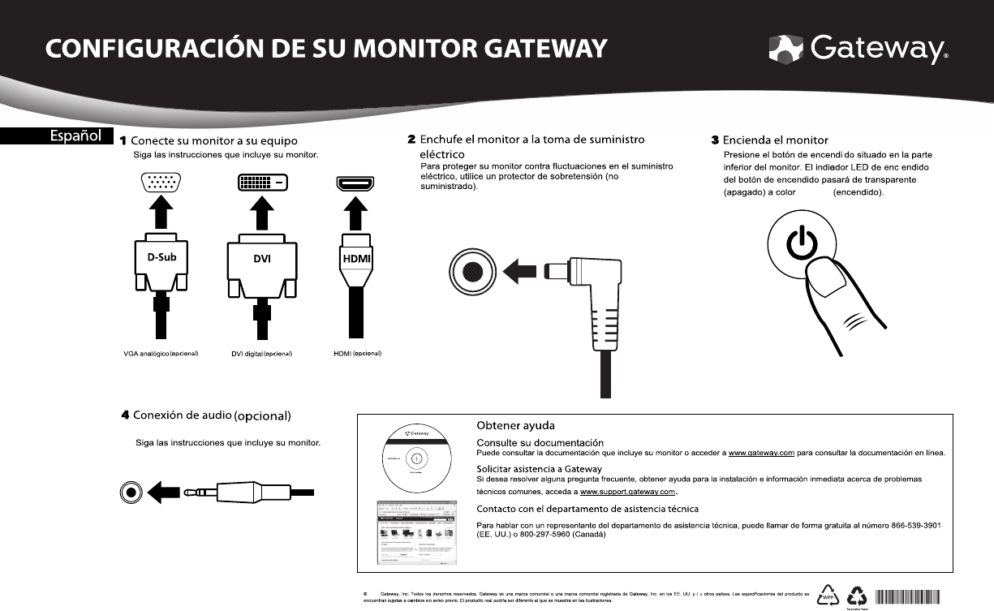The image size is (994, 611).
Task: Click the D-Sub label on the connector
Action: tap(155, 257)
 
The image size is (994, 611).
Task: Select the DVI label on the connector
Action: tap(261, 258)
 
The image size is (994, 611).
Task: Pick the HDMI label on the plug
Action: tap(355, 258)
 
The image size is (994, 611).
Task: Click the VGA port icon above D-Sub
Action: tap(161, 183)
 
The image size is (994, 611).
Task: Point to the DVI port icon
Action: tap(261, 183)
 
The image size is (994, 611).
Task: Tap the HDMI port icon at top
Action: tap(355, 183)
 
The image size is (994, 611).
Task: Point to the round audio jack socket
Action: tap(131, 492)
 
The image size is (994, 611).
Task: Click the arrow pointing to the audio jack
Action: tap(165, 492)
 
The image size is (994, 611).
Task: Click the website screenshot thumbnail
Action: tap(416, 532)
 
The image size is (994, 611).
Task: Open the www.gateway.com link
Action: tap(760, 452)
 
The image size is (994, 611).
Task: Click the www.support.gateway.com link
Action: tap(628, 492)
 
